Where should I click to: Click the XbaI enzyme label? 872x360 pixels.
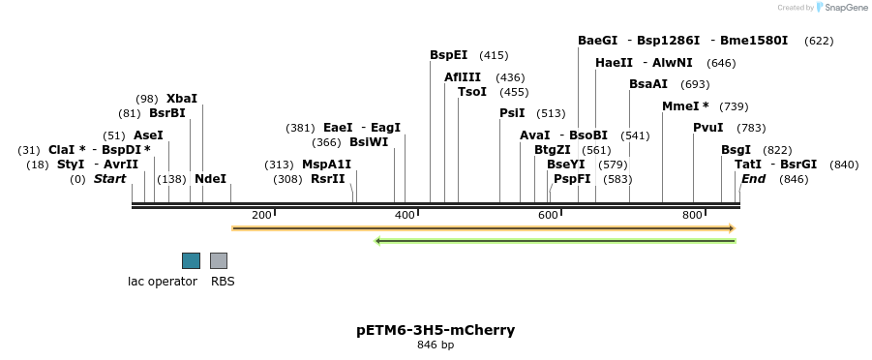pyautogui.click(x=181, y=99)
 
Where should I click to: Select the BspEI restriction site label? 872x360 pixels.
pyautogui.click(x=448, y=55)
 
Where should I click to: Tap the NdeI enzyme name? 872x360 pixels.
pyautogui.click(x=210, y=179)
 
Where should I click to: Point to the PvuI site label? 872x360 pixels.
pyautogui.click(x=707, y=128)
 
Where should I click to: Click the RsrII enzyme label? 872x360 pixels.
pyautogui.click(x=327, y=179)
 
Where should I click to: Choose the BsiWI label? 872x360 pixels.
pyautogui.click(x=369, y=142)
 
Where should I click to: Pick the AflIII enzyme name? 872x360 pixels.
pyautogui.click(x=463, y=77)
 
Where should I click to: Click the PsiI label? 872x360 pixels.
pyautogui.click(x=512, y=113)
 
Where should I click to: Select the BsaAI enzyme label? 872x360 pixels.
pyautogui.click(x=648, y=84)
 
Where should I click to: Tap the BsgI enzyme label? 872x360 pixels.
pyautogui.click(x=736, y=150)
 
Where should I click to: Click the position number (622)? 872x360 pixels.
pyautogui.click(x=818, y=41)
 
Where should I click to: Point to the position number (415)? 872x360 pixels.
pyautogui.click(x=494, y=55)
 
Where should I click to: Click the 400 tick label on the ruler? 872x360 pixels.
pyautogui.click(x=405, y=215)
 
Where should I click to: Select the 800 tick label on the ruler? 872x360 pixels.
pyautogui.click(x=691, y=215)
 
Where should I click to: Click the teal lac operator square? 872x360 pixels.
pyautogui.click(x=191, y=260)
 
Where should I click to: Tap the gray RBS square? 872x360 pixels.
pyautogui.click(x=219, y=260)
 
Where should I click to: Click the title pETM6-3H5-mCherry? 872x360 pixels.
pyautogui.click(x=436, y=330)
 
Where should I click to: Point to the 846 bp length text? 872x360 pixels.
pyautogui.click(x=436, y=345)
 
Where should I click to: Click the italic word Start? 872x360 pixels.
pyautogui.click(x=109, y=179)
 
